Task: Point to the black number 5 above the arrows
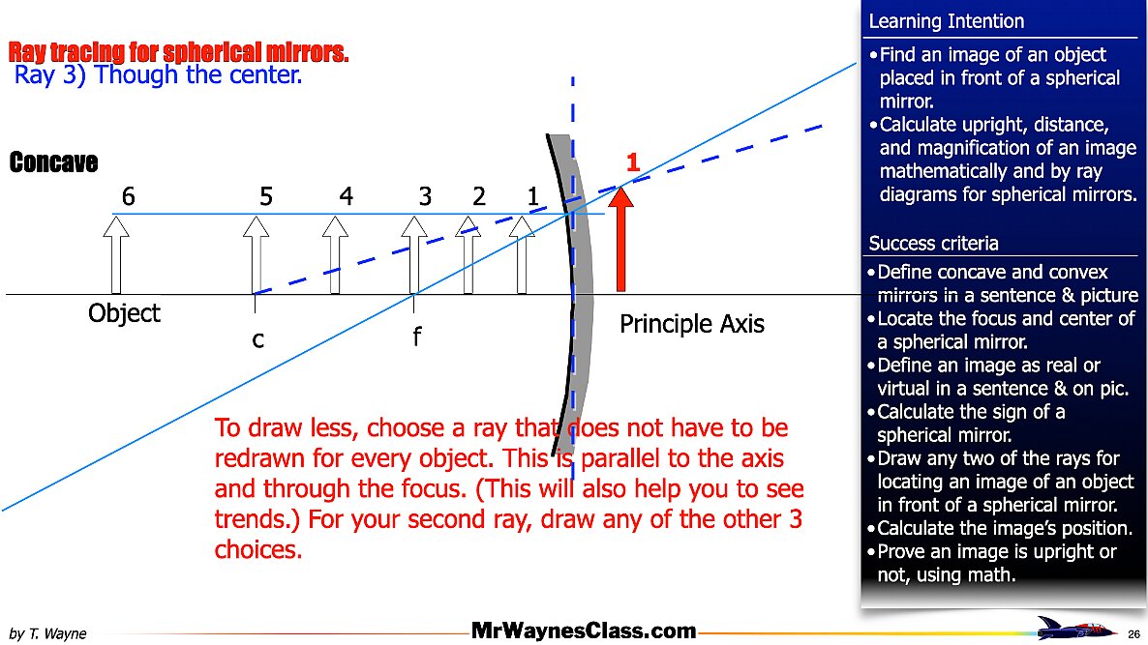[x=266, y=196]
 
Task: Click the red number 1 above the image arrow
[x=633, y=163]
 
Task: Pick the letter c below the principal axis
[x=258, y=340]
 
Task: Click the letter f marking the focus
[x=416, y=337]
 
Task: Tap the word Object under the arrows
[x=124, y=313]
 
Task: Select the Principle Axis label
[x=691, y=324]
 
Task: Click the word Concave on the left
[x=53, y=162]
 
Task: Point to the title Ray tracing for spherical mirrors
[x=178, y=52]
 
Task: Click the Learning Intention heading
[x=946, y=21]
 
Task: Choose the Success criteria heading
[x=933, y=243]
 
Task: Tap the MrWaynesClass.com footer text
[x=584, y=631]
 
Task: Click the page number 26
[x=1133, y=633]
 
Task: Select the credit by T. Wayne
[x=47, y=633]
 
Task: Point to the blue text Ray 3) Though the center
[x=159, y=74]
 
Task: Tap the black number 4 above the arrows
[x=347, y=196]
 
